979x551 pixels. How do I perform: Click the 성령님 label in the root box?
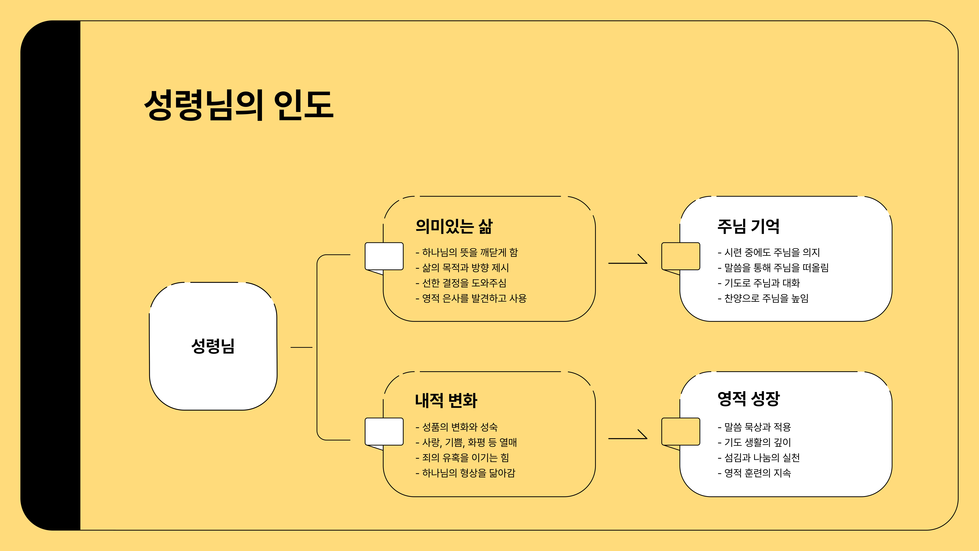point(213,346)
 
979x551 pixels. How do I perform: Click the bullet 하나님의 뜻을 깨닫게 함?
point(467,253)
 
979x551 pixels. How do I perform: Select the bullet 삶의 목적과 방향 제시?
point(462,268)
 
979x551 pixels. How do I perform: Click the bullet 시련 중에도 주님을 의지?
point(769,253)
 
